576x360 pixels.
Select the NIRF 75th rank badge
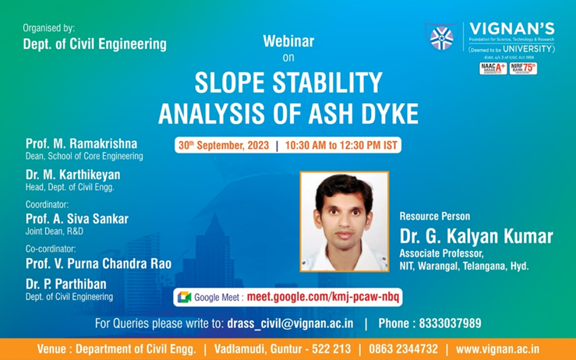pos(524,69)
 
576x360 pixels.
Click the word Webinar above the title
pos(288,41)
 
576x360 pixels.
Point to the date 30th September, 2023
pos(224,146)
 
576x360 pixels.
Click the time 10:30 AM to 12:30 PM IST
pos(341,146)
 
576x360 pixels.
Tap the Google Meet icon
pos(185,297)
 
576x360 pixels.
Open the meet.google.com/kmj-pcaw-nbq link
pos(323,297)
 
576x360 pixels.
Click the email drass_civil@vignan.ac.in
pos(291,323)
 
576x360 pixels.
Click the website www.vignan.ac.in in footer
pos(497,349)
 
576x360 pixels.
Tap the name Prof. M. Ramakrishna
pos(81,144)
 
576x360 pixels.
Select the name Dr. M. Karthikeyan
pos(72,175)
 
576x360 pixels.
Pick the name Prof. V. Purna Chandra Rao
pos(98,263)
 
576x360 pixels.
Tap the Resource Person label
pos(435,216)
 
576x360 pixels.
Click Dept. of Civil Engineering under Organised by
pos(94,44)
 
